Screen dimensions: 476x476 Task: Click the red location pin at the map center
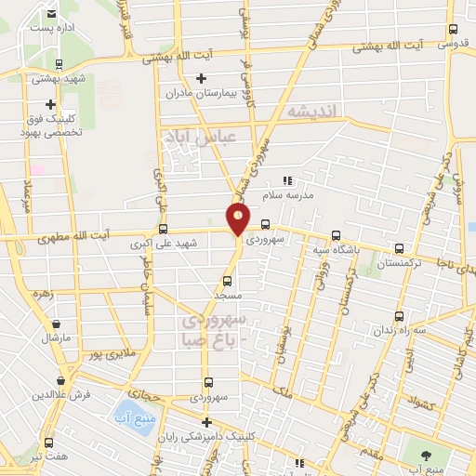(x=239, y=218)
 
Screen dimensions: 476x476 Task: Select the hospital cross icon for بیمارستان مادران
(x=201, y=77)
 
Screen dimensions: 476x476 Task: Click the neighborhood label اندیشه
(x=314, y=111)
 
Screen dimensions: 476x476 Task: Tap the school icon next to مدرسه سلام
(x=287, y=180)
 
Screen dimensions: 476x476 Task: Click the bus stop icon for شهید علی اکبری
(x=164, y=228)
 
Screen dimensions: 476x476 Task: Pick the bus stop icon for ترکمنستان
(x=400, y=248)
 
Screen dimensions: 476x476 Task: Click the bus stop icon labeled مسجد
(x=227, y=280)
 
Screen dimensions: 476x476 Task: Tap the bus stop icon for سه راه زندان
(x=400, y=315)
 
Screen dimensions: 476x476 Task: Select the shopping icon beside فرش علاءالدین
(x=61, y=379)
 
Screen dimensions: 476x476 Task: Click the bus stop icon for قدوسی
(x=453, y=29)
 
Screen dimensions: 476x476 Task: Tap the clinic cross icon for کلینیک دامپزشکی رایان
(x=206, y=422)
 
